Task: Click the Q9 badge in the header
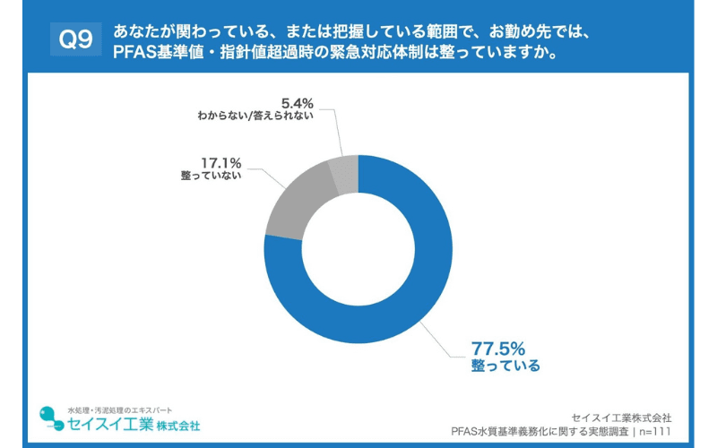[73, 40]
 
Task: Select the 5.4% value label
[298, 101]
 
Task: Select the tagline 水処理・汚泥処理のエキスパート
[113, 409]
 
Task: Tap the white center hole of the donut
[358, 249]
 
